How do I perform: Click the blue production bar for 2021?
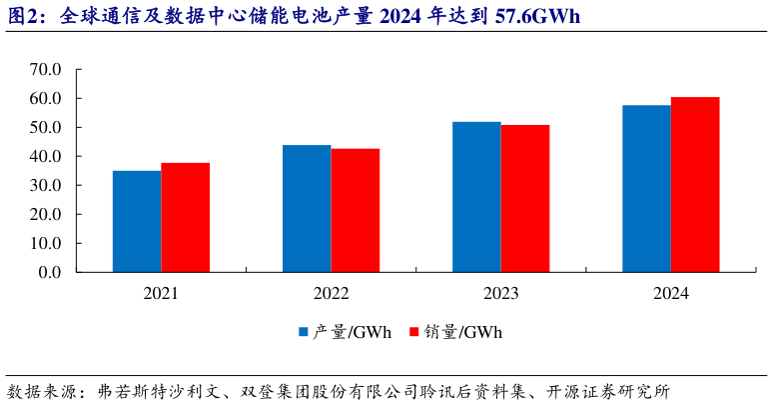137,221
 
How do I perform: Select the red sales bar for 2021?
185,217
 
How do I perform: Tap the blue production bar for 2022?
307,208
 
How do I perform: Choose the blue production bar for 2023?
476,197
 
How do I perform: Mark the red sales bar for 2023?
525,198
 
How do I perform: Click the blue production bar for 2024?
646,188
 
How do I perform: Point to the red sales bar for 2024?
695,184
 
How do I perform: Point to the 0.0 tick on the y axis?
50,272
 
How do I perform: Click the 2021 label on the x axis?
161,294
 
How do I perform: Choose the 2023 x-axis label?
500,294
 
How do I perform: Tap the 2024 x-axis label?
670,294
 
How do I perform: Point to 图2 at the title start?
22,17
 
